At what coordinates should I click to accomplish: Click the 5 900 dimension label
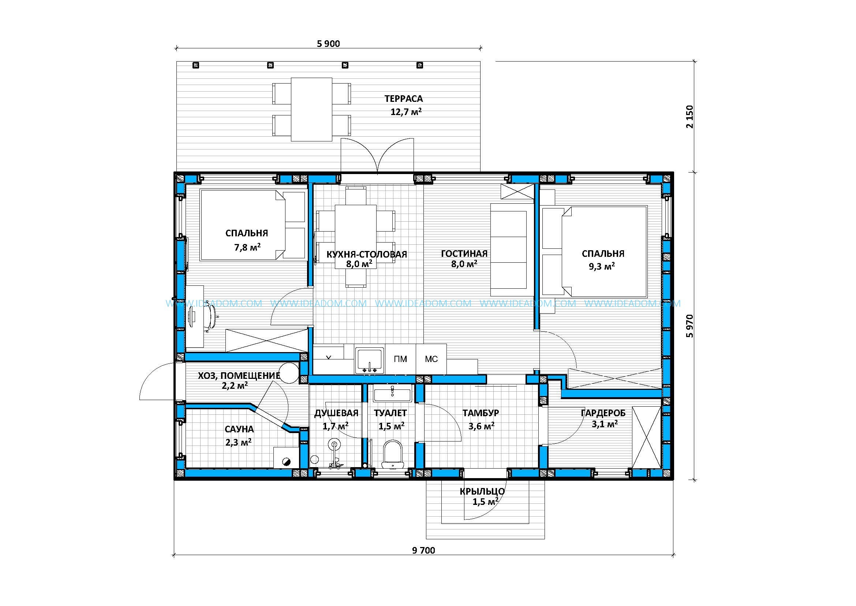click(328, 44)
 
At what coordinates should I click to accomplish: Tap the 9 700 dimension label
click(423, 550)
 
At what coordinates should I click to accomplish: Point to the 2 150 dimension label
click(690, 117)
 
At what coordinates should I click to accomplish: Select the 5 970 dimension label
click(690, 326)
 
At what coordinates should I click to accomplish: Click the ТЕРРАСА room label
click(404, 99)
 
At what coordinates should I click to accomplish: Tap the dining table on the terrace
click(311, 109)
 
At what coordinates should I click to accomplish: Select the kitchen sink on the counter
click(370, 360)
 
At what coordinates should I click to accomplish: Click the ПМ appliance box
click(400, 359)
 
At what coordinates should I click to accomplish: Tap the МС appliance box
click(431, 359)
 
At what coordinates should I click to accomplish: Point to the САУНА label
click(239, 429)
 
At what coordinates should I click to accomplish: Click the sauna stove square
click(286, 457)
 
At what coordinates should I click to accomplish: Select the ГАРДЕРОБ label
click(603, 413)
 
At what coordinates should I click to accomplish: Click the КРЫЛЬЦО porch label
click(482, 491)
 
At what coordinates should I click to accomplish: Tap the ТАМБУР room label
click(481, 413)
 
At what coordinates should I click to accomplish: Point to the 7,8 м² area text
click(247, 247)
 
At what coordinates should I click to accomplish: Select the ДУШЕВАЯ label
click(336, 413)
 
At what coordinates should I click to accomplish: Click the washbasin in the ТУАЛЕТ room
click(392, 394)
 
